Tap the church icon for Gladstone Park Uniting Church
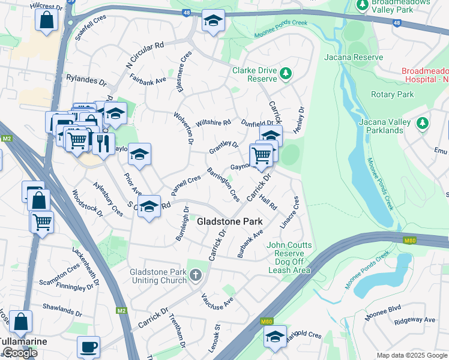tap(195, 275)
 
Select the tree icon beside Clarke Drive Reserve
tap(286, 74)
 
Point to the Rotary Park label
tap(393, 95)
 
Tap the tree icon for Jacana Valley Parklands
tap(424, 123)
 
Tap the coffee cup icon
tap(88, 347)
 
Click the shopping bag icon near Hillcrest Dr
tap(46, 20)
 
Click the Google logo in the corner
tap(20, 353)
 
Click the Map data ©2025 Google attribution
tap(411, 355)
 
